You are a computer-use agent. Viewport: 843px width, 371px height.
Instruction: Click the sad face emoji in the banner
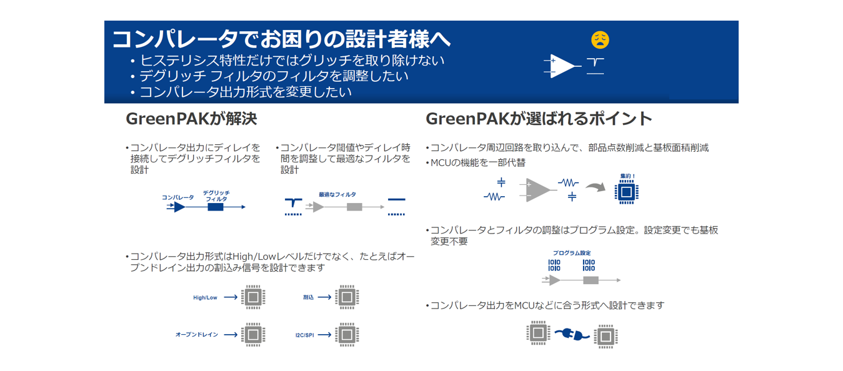pos(600,40)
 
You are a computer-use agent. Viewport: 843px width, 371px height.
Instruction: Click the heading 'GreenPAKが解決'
pos(191,119)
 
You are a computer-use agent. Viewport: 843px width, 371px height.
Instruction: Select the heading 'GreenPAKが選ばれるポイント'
pos(539,119)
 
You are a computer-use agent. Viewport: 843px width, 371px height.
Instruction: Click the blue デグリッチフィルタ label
pos(216,195)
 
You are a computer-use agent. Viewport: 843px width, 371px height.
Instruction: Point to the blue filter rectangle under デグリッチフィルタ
pos(216,207)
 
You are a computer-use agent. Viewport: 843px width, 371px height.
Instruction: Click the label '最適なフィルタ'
pos(337,194)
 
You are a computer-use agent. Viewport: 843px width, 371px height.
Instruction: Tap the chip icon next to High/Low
pos(253,297)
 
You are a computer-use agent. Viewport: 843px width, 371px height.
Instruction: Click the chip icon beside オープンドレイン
pos(253,335)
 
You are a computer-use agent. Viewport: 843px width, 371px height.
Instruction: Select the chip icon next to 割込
pos(347,297)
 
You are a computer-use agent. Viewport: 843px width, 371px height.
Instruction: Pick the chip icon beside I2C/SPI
pos(347,335)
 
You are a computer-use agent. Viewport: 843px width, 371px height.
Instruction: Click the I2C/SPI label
pos(304,335)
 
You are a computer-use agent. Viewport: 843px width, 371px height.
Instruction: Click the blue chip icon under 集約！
pos(627,192)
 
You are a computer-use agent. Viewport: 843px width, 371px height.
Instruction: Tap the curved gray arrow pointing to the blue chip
pos(596,187)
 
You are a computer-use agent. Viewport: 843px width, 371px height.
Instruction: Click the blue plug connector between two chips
pos(572,334)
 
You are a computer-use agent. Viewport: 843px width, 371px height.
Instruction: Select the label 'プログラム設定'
pos(572,253)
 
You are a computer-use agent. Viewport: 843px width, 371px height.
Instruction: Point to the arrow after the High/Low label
pos(231,297)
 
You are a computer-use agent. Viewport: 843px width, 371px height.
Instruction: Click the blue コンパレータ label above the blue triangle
pos(177,197)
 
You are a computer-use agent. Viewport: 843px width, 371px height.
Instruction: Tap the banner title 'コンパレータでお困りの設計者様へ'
pos(281,39)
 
